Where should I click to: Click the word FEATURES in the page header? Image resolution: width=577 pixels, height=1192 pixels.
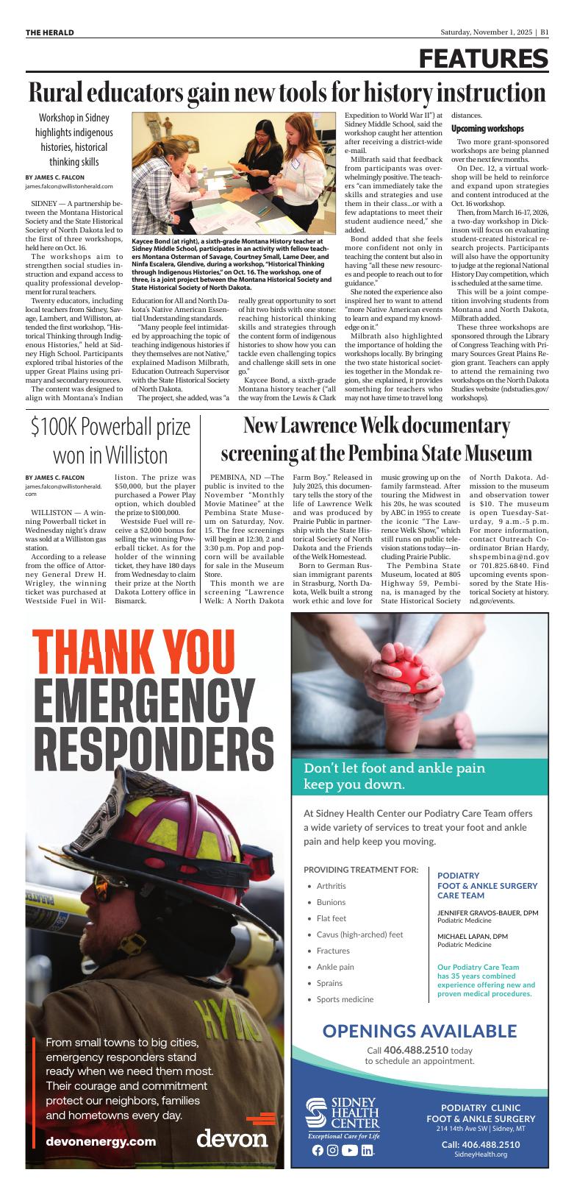click(x=484, y=59)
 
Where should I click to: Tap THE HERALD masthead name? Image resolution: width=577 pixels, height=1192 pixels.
click(x=50, y=32)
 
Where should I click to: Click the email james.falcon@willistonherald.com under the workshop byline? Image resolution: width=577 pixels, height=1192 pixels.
click(x=69, y=187)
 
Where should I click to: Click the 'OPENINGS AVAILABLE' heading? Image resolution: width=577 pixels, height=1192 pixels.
click(x=419, y=1030)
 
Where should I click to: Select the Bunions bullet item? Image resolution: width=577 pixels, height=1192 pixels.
click(x=331, y=902)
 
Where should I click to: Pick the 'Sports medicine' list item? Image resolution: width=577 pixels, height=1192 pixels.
click(x=345, y=999)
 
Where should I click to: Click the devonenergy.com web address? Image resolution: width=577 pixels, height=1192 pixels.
click(x=101, y=1141)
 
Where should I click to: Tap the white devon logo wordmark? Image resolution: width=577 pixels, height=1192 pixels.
click(x=232, y=1138)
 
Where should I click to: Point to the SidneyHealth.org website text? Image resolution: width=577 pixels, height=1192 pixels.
click(x=481, y=1154)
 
